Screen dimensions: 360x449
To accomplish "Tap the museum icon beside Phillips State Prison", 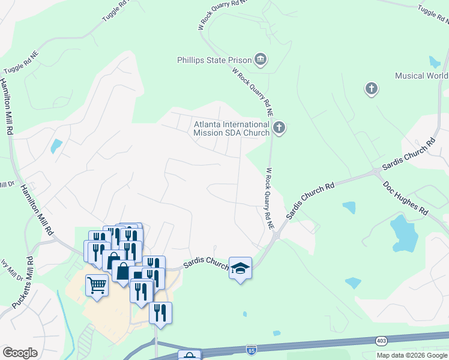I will coord(261,59).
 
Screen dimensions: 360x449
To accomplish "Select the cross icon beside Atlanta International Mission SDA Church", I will coord(279,127).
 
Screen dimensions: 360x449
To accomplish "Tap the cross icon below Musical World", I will coord(372,89).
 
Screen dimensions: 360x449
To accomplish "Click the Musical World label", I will coord(421,76).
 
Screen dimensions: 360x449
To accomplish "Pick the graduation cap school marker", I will coord(240,268).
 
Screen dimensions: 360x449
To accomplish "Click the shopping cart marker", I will coord(96,284).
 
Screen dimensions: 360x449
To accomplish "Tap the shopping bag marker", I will coord(122,271).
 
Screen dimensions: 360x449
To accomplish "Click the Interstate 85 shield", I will coord(251,349).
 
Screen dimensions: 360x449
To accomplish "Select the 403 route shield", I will coord(381,340).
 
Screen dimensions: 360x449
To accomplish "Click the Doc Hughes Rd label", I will coord(406,197).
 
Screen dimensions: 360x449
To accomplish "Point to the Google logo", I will coord(20,353).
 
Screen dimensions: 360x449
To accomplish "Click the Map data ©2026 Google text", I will coord(412,355).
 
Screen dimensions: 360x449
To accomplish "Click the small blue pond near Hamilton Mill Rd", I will coord(56,146).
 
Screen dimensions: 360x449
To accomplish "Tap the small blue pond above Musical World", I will coord(435,61).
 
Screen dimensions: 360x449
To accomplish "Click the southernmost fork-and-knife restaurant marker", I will coord(160,313).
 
